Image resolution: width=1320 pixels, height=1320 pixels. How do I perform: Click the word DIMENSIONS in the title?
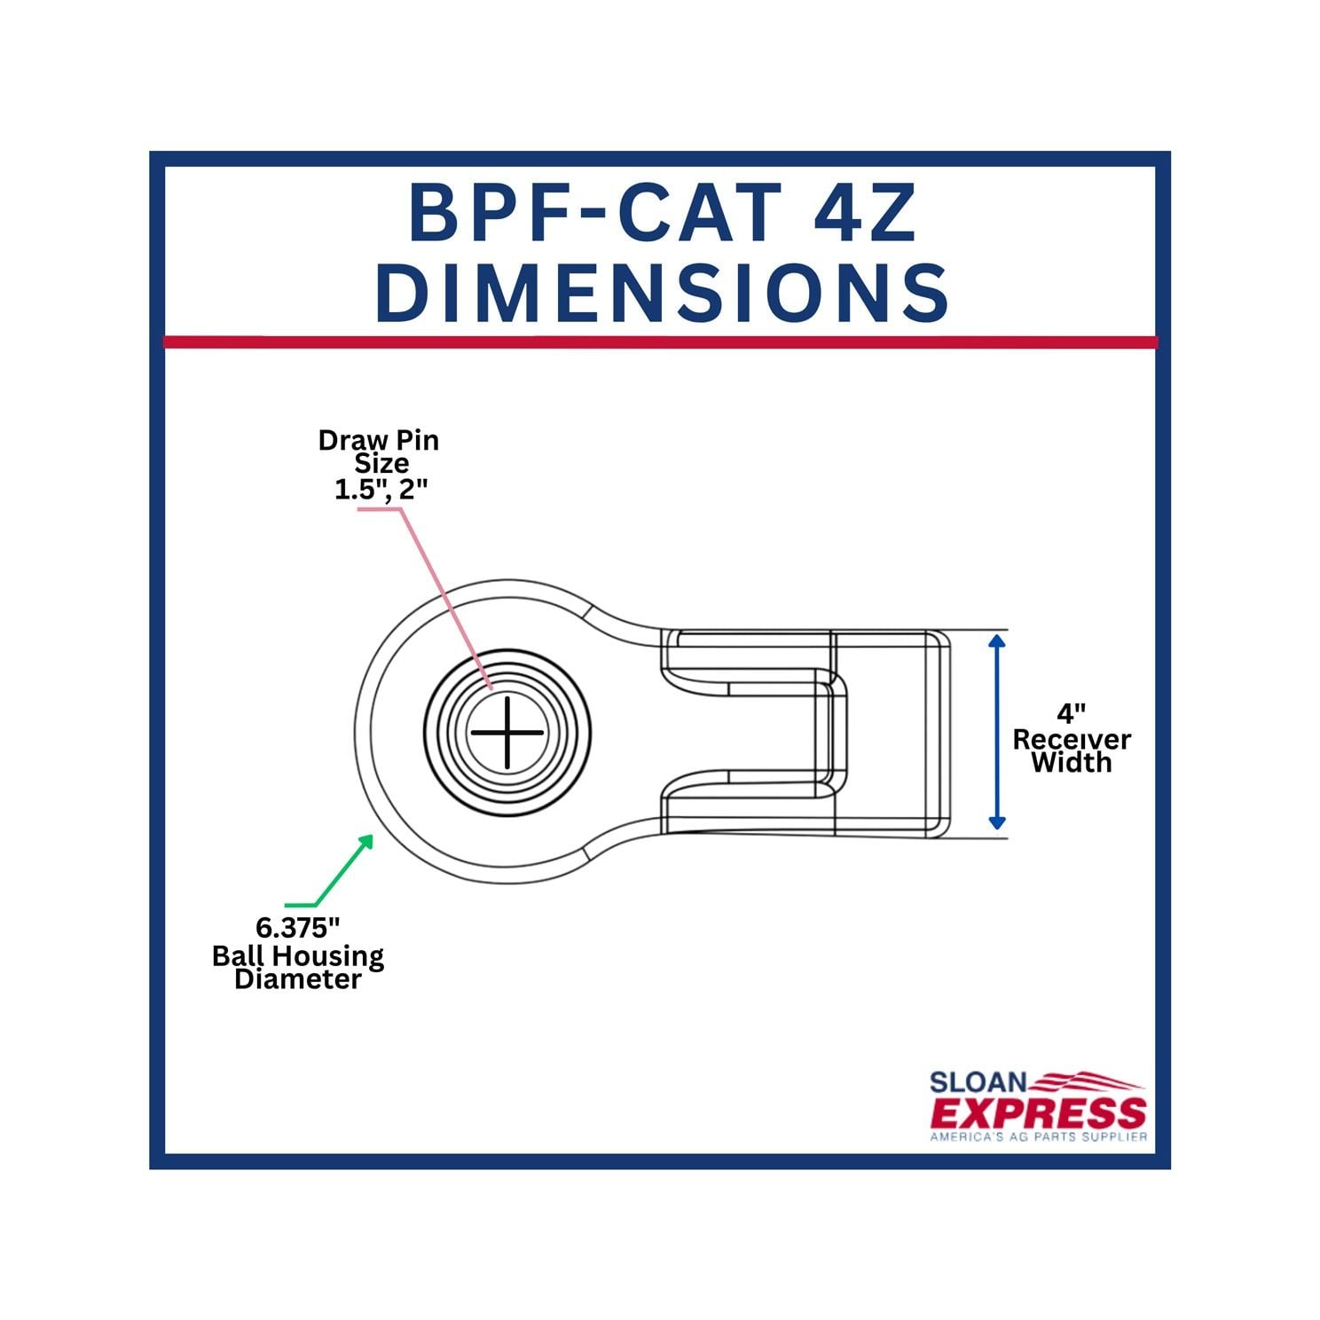click(x=662, y=293)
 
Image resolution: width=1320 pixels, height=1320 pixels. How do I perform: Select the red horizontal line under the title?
click(x=660, y=342)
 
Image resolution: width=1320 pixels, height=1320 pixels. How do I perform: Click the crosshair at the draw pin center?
click(x=507, y=733)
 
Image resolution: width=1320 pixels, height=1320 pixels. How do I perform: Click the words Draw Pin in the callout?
click(x=379, y=440)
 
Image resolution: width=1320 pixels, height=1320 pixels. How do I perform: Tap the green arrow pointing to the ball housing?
click(x=342, y=869)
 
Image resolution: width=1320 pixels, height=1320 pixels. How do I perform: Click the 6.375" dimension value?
click(x=298, y=928)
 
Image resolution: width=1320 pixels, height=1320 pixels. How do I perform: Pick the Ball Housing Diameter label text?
click(x=298, y=967)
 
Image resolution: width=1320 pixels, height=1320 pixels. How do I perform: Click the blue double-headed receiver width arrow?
click(x=997, y=733)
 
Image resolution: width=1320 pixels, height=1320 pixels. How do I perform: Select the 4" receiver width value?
click(x=1072, y=714)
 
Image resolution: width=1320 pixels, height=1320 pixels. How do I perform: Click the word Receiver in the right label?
click(x=1072, y=739)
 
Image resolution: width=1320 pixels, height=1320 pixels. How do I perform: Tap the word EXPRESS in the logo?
click(x=1038, y=1113)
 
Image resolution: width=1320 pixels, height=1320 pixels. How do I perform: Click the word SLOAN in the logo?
click(x=978, y=1083)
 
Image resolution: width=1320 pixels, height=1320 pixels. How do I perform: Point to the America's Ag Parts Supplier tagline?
click(x=1038, y=1136)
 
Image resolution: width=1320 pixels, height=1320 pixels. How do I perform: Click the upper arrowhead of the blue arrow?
click(x=997, y=641)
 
